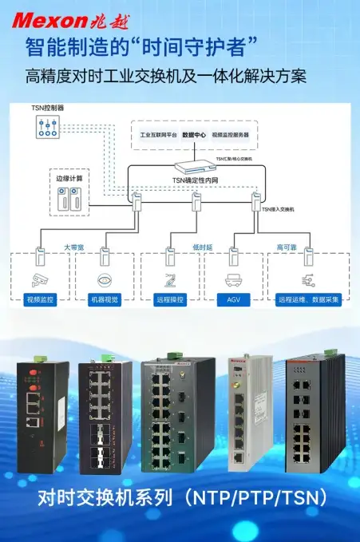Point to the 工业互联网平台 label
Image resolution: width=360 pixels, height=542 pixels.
click(x=158, y=135)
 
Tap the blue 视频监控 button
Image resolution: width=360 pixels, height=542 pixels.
click(x=41, y=301)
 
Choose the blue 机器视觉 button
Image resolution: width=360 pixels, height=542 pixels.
click(x=104, y=301)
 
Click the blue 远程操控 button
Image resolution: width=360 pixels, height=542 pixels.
click(x=169, y=301)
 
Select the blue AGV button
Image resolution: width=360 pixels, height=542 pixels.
click(x=234, y=301)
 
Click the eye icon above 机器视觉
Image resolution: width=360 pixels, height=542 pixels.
click(x=104, y=280)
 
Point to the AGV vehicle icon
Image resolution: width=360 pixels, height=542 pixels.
click(x=234, y=280)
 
